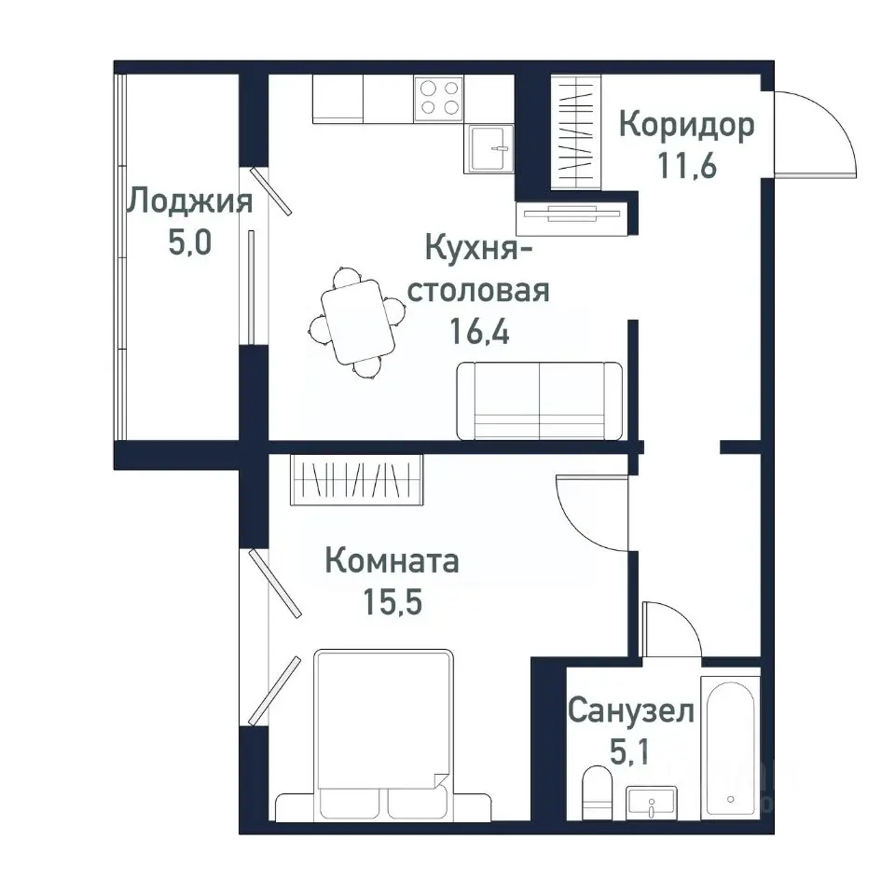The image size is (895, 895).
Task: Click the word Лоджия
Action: tap(190, 201)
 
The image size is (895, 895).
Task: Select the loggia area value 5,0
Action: tap(190, 243)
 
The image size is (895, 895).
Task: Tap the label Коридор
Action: tap(686, 126)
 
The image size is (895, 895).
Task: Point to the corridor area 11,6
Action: tap(686, 168)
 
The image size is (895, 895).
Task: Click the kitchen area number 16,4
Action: tap(479, 331)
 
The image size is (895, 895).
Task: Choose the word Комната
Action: tap(392, 562)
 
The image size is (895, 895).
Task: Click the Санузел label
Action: tap(631, 713)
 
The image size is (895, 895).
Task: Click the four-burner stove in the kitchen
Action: tap(439, 97)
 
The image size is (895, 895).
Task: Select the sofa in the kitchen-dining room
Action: tap(539, 401)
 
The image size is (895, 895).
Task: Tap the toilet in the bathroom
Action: tap(596, 792)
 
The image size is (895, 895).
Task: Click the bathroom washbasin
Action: tap(652, 802)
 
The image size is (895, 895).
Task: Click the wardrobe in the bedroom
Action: tap(357, 480)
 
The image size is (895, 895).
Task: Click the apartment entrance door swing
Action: tap(811, 135)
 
